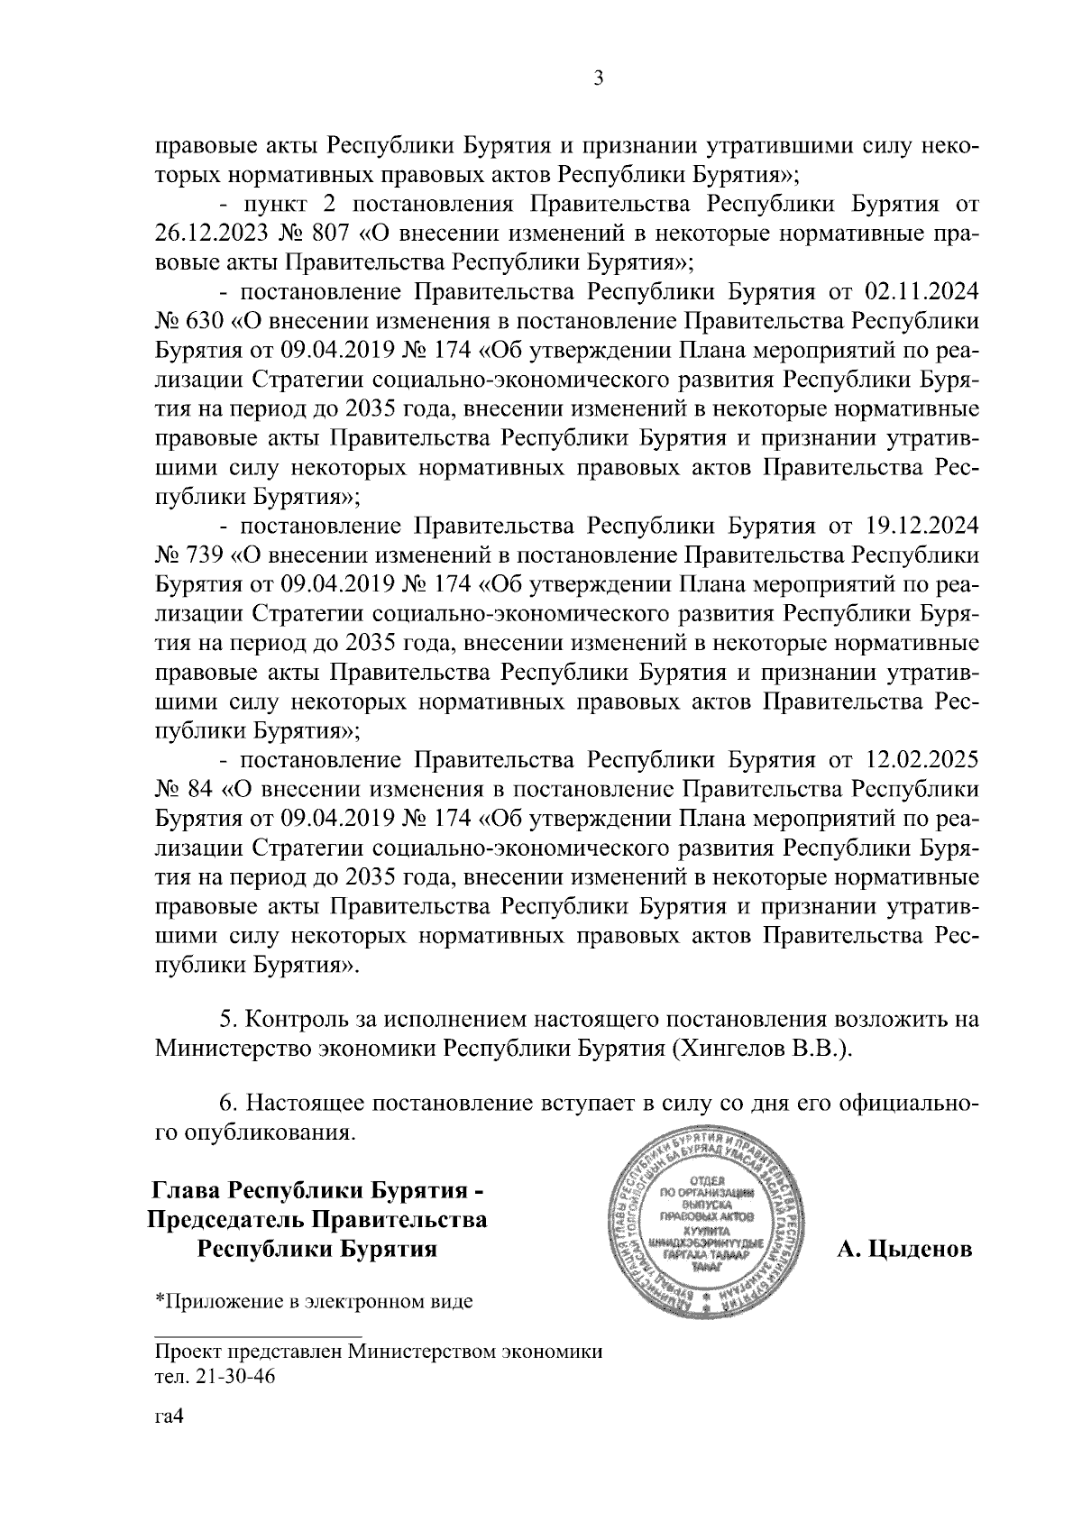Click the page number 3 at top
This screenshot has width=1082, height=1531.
[x=598, y=79]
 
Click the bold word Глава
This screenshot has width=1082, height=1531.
[x=188, y=1191]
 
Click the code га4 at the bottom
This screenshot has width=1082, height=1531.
[x=170, y=1417]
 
